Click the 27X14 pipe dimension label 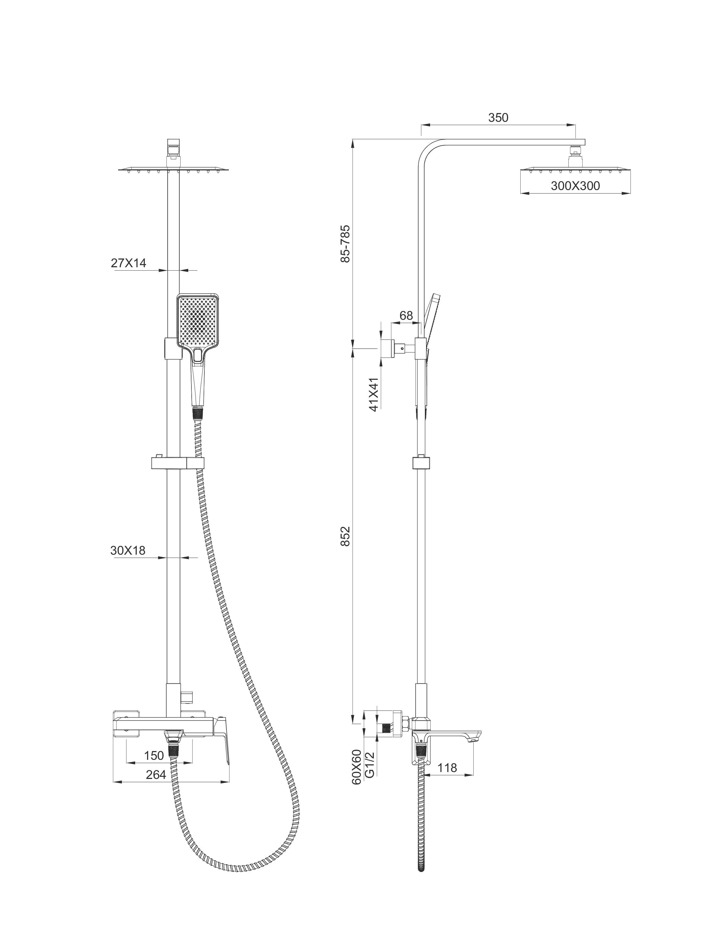(128, 263)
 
